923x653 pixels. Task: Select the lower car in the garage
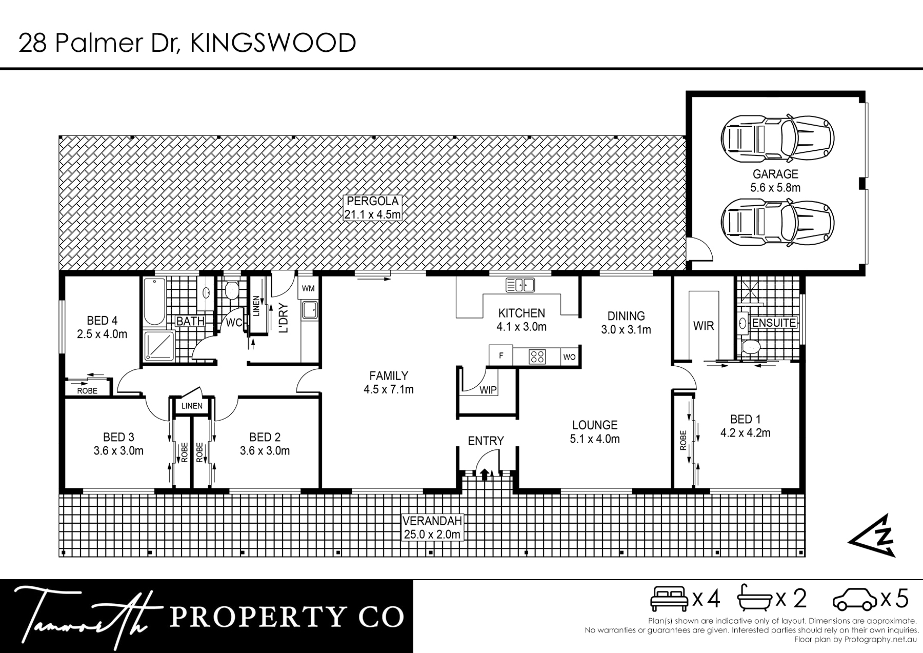coord(778,222)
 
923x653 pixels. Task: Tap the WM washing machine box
coord(308,288)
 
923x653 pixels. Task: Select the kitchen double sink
coord(520,285)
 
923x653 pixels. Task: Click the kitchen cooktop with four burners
coord(538,357)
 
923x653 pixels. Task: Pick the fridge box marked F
coord(501,356)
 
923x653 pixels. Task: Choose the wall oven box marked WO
coord(570,357)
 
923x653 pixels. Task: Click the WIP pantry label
coord(488,390)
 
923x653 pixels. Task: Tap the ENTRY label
coord(486,441)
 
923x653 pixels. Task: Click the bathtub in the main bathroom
coord(154,302)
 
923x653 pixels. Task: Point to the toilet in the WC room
coord(231,289)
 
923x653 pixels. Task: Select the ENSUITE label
coord(774,323)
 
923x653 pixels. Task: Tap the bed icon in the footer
coord(669,599)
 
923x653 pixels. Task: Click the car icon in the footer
coord(855,600)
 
